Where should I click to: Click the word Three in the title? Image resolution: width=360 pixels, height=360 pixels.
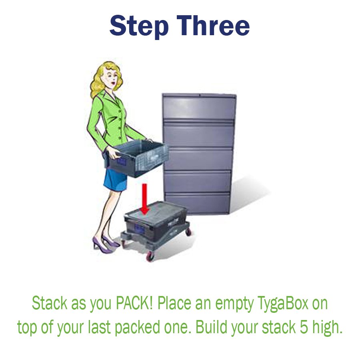click(x=214, y=26)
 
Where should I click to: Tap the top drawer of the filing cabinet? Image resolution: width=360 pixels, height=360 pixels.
click(x=199, y=107)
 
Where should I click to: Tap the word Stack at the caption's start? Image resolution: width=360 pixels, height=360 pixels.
click(x=50, y=304)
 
